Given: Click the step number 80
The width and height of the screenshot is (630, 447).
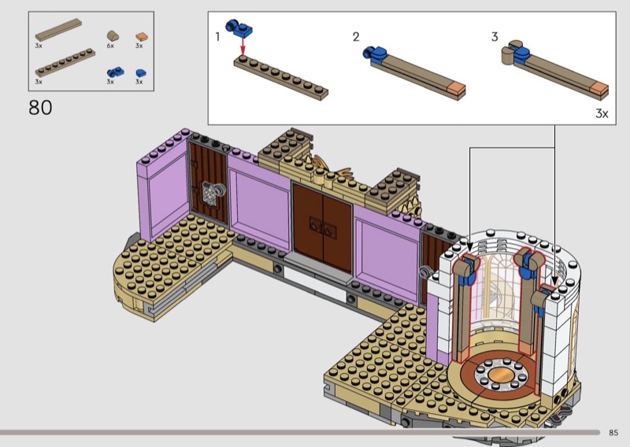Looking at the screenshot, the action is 40,108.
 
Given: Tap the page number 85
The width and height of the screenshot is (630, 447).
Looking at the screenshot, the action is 613,433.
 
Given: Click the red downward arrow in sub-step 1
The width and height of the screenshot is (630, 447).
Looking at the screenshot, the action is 243,47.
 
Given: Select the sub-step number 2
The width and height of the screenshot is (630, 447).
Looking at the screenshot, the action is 356,37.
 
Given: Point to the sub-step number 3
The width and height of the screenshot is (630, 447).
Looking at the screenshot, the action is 495,37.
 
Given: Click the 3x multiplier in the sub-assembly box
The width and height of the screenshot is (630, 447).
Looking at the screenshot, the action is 602,113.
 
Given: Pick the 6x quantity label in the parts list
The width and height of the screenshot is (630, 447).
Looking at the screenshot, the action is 110,46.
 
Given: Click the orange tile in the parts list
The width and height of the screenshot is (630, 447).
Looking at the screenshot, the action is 142,37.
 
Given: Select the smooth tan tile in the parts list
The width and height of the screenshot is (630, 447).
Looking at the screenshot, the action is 58,29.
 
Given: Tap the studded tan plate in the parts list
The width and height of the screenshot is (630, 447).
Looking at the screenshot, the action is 65,63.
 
